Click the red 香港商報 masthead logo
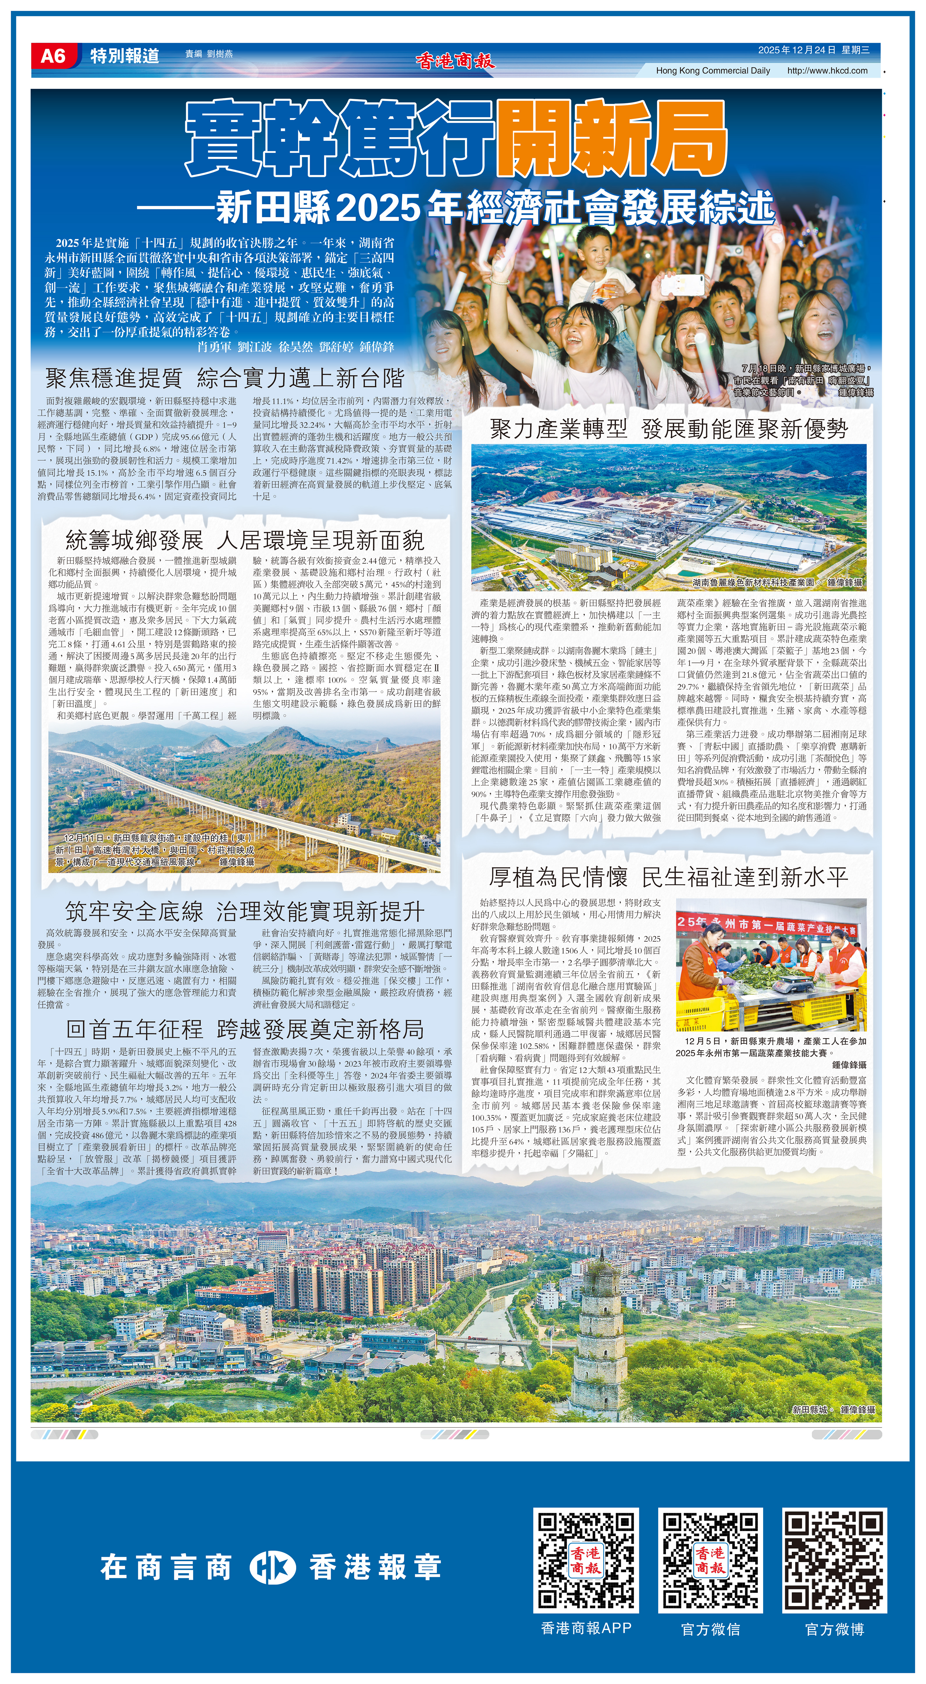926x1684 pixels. [x=455, y=61]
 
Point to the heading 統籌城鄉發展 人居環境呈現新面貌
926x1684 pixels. [x=245, y=540]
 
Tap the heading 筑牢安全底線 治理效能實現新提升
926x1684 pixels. [x=245, y=911]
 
